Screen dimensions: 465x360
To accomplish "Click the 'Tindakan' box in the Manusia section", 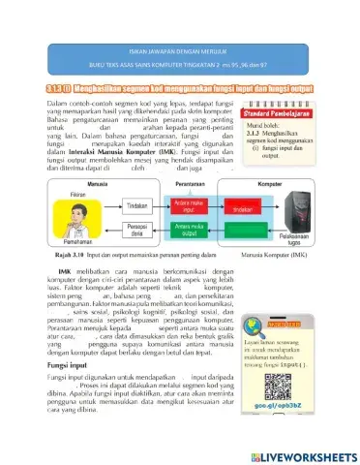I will point(111,205).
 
